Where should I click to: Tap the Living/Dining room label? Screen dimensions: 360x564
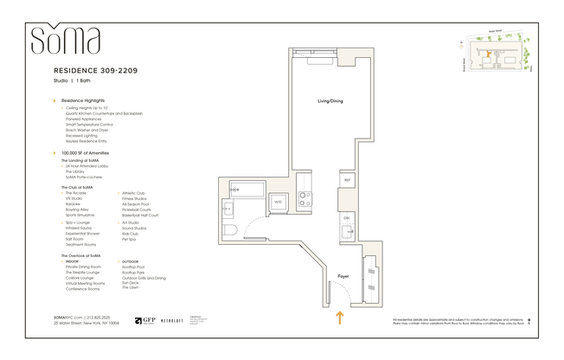pos(330,101)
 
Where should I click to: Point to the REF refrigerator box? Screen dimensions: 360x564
pos(347,180)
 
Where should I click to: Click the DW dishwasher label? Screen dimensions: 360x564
pos(346,218)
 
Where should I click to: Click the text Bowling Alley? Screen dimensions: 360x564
pos(79,209)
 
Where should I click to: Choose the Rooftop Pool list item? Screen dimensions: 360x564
pos(133,267)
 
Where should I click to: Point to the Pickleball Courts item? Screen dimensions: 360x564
pos(138,209)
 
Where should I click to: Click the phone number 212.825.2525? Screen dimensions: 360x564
pos(101,318)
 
